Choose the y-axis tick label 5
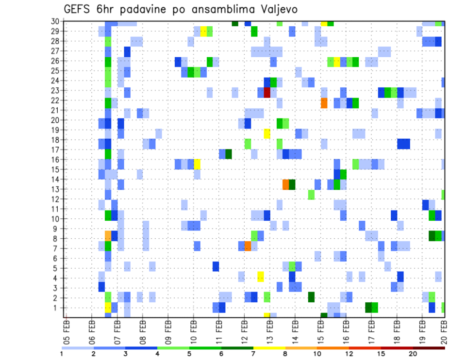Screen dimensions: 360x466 [x=56, y=268]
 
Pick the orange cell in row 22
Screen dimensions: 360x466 [x=324, y=103]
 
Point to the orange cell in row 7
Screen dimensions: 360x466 [x=248, y=246]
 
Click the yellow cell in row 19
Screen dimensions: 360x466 [x=267, y=133]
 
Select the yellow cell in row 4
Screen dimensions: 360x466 [x=261, y=277]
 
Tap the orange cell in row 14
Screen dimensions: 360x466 [x=286, y=184]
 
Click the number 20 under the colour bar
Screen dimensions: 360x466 [x=413, y=353]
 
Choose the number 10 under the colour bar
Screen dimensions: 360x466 [x=317, y=353]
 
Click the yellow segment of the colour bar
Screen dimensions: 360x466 [x=269, y=348]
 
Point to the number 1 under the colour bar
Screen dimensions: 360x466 [x=62, y=353]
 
